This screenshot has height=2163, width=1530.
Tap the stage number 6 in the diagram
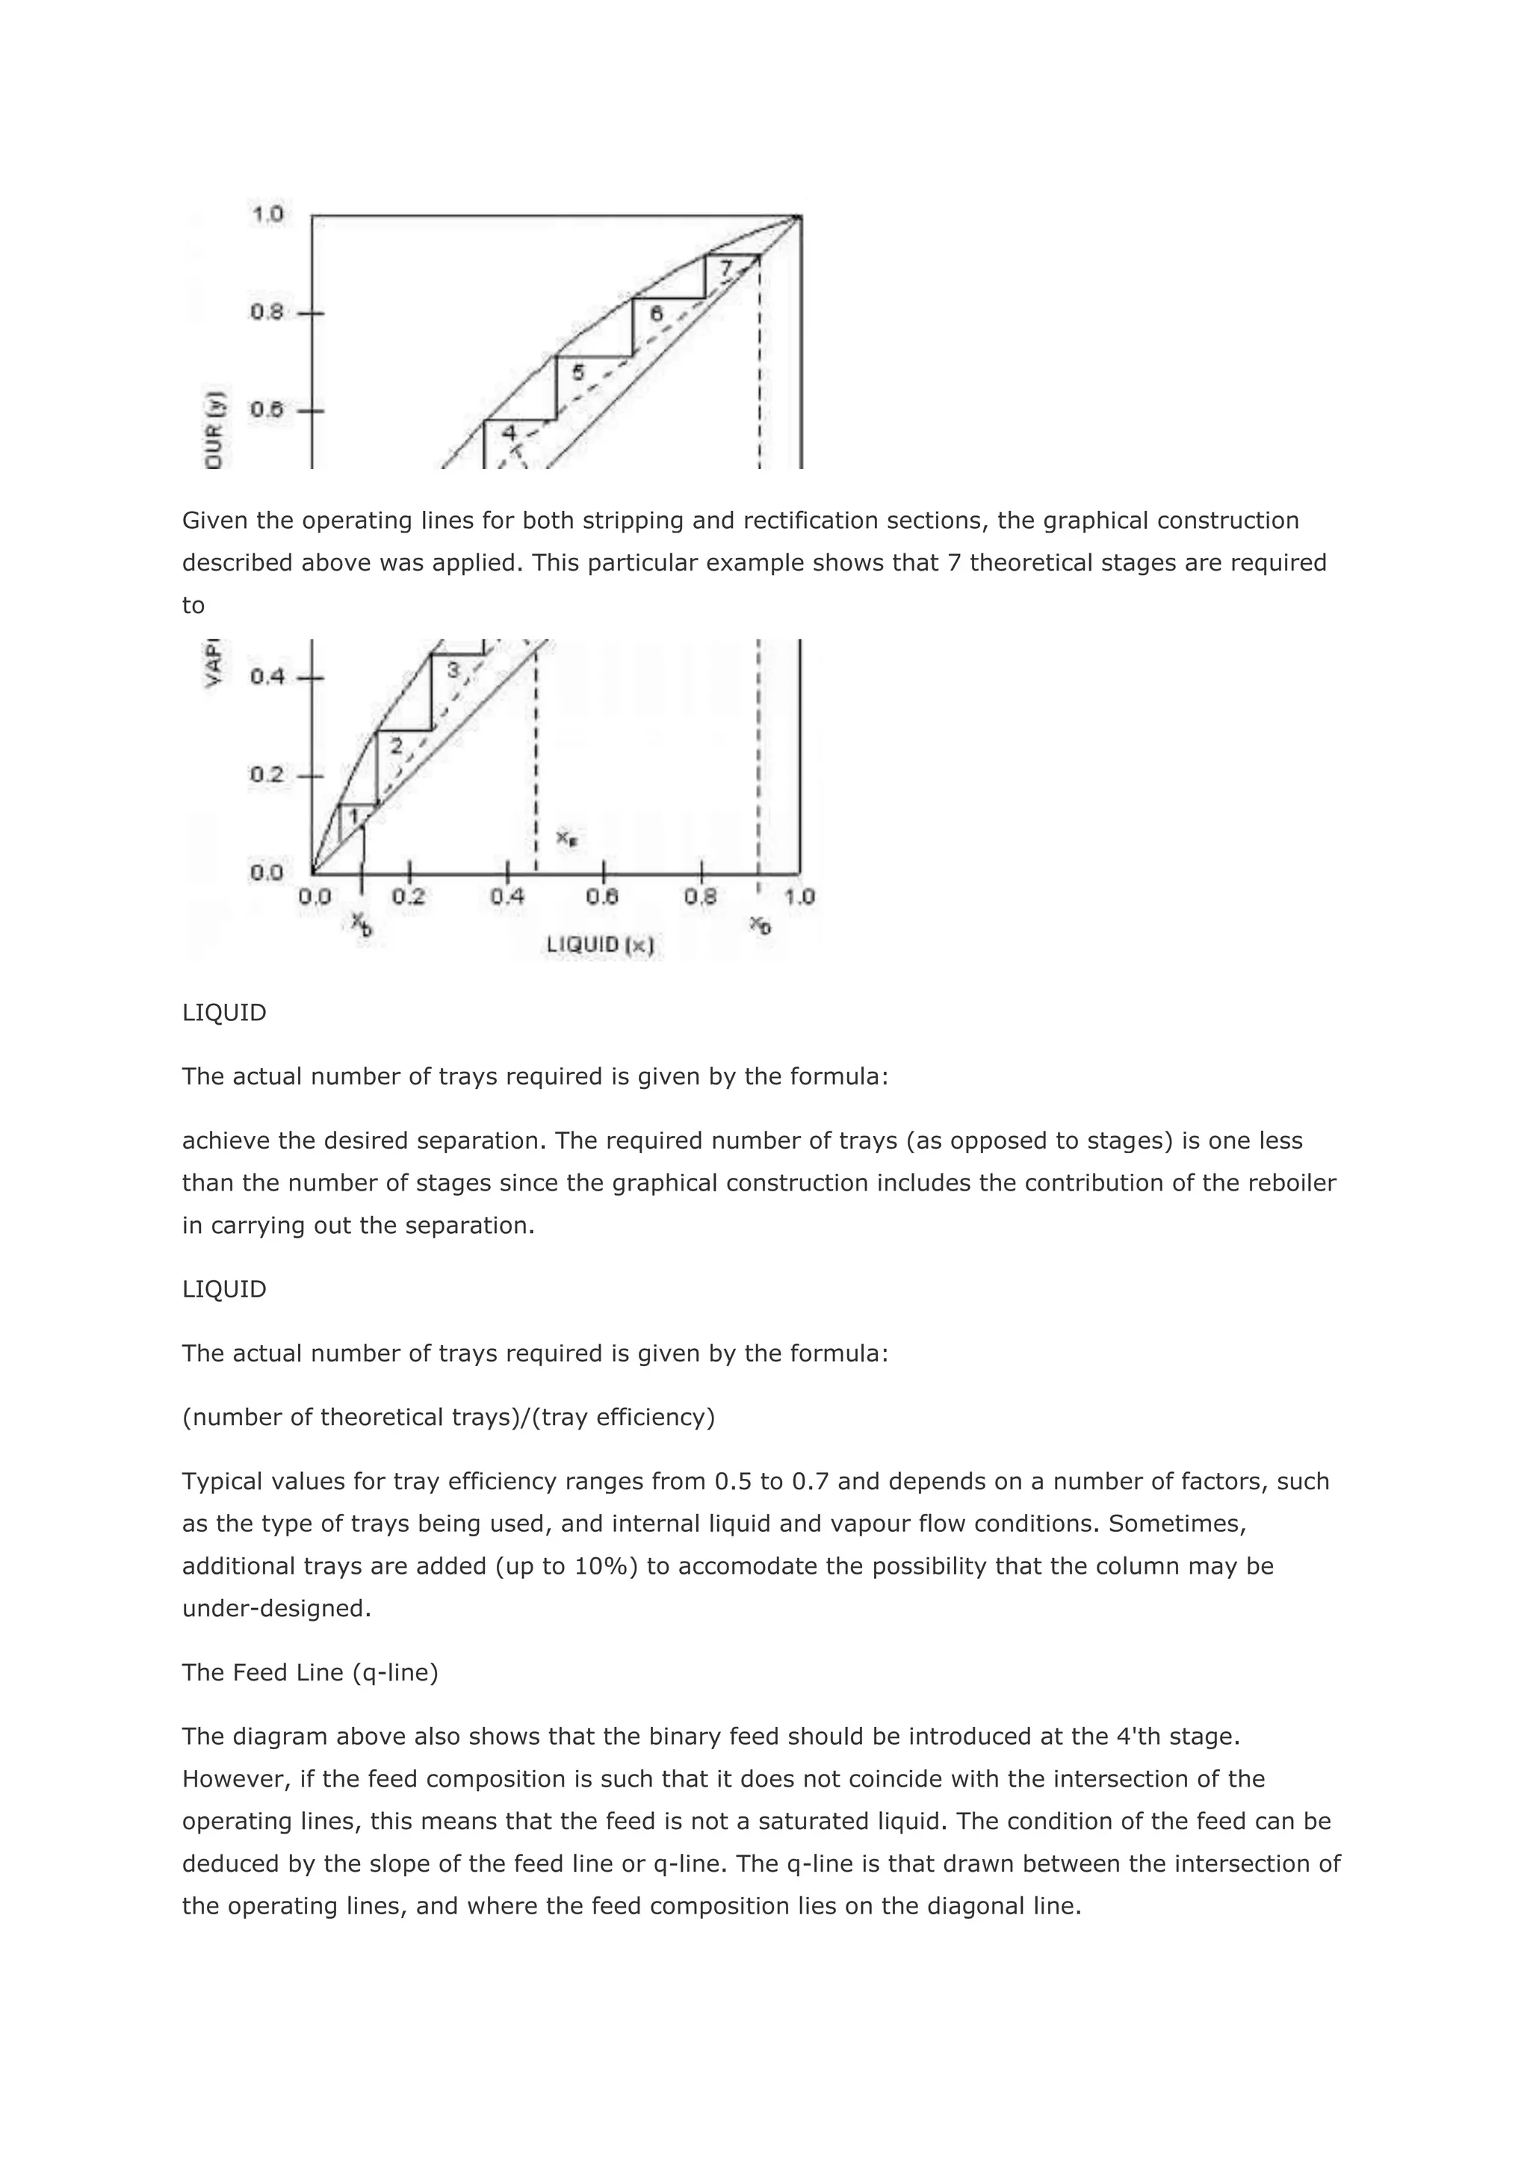click(657, 314)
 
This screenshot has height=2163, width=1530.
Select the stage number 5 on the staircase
click(578, 372)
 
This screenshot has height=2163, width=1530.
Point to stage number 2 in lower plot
click(397, 746)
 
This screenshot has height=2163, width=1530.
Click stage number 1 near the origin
click(353, 816)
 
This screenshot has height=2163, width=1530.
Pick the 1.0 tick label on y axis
click(267, 215)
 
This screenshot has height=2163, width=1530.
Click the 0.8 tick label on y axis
click(267, 311)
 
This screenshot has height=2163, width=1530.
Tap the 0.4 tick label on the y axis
click(267, 677)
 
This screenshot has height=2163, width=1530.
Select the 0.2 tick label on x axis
click(409, 897)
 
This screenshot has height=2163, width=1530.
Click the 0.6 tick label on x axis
click(603, 897)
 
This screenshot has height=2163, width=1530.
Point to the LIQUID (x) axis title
click(600, 944)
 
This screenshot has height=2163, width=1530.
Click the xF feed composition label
click(566, 837)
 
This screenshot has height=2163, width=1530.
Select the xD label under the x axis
click(761, 925)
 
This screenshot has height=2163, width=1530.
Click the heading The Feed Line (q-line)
click(310, 1672)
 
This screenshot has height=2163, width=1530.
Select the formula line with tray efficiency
click(448, 1417)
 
